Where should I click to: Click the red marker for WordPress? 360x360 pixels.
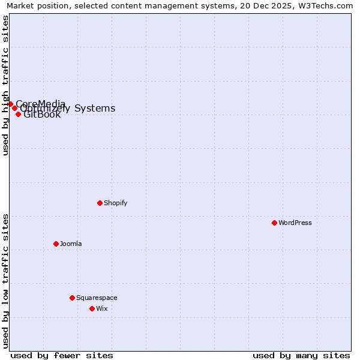[x=274, y=223]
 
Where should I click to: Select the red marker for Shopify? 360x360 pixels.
[x=100, y=203]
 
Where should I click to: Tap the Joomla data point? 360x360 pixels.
[x=56, y=244]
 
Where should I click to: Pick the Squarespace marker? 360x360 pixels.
[x=72, y=298]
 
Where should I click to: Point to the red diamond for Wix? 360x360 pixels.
[x=92, y=308]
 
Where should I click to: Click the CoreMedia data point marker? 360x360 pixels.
[x=10, y=104]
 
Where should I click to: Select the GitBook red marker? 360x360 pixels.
[x=18, y=114]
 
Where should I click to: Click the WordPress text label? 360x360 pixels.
[x=295, y=223]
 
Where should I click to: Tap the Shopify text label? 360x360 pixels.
[x=116, y=203]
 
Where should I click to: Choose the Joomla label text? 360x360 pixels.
[x=71, y=244]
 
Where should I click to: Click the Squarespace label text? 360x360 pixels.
[x=97, y=298]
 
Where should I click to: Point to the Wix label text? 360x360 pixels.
[x=102, y=308]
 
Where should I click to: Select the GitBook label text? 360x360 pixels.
[x=42, y=115]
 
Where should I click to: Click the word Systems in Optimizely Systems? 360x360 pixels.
[x=95, y=109]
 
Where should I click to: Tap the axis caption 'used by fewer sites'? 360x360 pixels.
[x=62, y=355]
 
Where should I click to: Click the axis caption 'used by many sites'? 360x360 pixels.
[x=301, y=355]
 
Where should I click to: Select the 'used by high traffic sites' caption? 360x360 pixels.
[x=5, y=85]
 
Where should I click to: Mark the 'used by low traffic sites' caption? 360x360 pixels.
[x=5, y=281]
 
